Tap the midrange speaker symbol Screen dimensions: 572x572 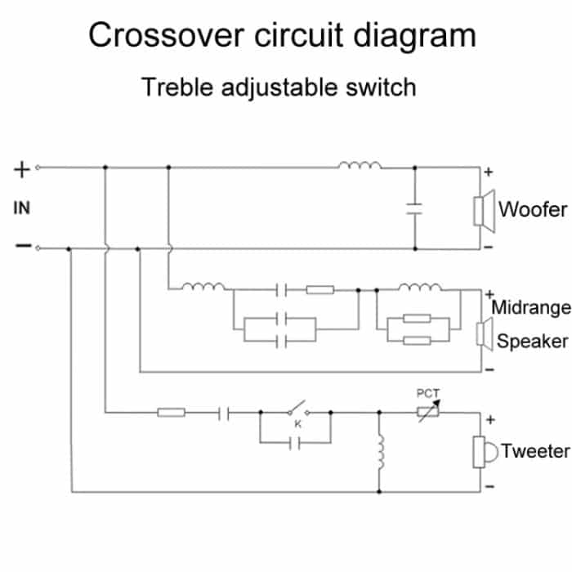(482, 333)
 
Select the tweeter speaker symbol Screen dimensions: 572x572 (482, 452)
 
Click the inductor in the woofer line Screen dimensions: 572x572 (360, 168)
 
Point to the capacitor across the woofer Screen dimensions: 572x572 (414, 208)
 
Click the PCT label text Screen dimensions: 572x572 (428, 393)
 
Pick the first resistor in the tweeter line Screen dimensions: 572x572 (171, 413)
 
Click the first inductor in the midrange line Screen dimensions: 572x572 (203, 287)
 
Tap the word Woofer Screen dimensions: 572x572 (533, 209)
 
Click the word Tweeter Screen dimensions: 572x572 (535, 450)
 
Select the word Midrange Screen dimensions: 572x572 (530, 308)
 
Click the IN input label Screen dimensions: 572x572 (21, 208)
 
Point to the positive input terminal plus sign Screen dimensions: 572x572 (22, 169)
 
